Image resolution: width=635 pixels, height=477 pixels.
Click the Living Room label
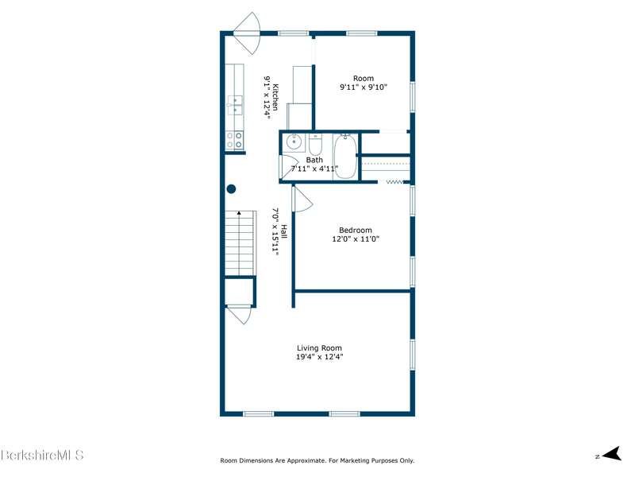point(319,348)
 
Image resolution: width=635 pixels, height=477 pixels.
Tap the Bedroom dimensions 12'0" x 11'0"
point(356,239)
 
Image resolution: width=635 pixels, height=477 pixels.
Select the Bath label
point(314,161)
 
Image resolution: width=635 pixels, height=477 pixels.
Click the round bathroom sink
point(294,142)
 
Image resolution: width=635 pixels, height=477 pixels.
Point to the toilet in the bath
point(315,145)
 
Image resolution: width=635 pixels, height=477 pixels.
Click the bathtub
point(345,157)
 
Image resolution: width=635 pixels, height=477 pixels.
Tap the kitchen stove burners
point(234,140)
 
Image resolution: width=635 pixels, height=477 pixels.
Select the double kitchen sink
point(235,104)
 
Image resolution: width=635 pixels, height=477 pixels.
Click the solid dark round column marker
point(231,188)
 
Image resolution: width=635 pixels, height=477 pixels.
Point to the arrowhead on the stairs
point(239,212)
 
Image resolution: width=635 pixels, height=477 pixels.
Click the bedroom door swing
point(302,199)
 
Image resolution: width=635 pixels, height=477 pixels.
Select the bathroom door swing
point(289,167)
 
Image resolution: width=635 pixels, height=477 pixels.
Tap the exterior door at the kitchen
point(248,33)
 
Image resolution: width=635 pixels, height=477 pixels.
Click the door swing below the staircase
point(240,315)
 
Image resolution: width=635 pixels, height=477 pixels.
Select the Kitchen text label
point(275,97)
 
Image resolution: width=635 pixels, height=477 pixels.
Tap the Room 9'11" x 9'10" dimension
point(364,87)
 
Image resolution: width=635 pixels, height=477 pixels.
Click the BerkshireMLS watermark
point(42,455)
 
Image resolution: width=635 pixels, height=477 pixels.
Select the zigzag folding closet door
point(394,182)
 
